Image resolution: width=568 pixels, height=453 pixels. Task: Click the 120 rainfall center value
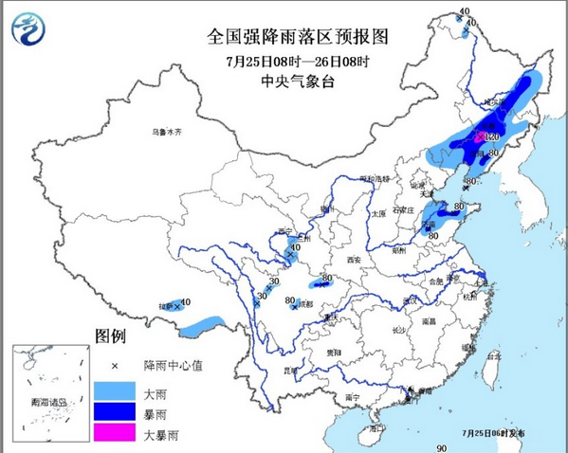click(491, 137)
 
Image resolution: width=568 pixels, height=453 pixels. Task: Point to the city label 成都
click(303, 305)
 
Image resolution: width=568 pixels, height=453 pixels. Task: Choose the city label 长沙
click(398, 330)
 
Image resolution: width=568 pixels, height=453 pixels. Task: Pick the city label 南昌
click(429, 322)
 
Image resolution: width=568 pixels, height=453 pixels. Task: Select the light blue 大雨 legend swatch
click(115, 390)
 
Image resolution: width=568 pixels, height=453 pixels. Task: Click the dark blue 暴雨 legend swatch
click(115, 412)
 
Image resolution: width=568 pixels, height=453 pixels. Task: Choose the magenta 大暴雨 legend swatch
click(115, 435)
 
